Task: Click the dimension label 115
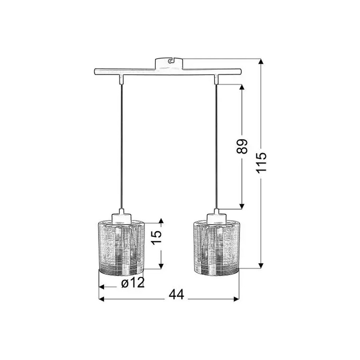(x=261, y=162)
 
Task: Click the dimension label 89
(x=242, y=146)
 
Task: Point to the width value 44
(x=176, y=295)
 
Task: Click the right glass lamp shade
(x=216, y=248)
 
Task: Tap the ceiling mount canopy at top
(x=169, y=63)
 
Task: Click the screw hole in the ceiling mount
(x=170, y=61)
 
